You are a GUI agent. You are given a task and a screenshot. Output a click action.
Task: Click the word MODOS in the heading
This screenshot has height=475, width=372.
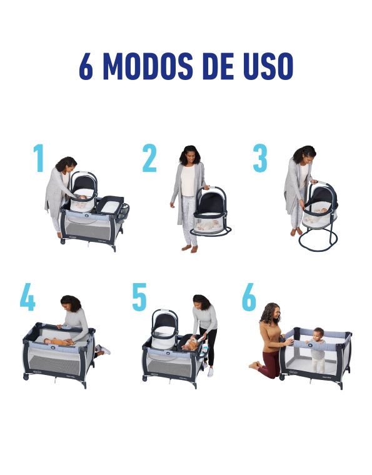click(x=148, y=66)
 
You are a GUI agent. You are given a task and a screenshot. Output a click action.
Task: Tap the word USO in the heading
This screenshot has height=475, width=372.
click(x=268, y=66)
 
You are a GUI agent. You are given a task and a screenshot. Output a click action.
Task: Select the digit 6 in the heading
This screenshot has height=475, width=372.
click(x=86, y=66)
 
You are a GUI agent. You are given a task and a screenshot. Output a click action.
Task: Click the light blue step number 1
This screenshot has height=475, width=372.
click(x=39, y=158)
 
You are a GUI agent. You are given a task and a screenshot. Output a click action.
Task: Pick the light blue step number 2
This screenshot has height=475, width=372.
click(x=149, y=158)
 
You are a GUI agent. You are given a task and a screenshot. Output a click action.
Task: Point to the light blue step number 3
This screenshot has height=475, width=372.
click(x=260, y=158)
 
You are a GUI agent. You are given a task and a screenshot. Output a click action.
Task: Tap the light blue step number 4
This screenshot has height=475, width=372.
click(x=28, y=297)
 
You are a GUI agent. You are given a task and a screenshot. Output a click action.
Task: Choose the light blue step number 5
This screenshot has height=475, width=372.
click(x=139, y=297)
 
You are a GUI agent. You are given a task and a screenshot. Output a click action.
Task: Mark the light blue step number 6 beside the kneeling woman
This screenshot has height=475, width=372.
click(x=249, y=297)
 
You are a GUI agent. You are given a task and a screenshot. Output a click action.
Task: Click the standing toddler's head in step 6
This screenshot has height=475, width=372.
click(x=318, y=333)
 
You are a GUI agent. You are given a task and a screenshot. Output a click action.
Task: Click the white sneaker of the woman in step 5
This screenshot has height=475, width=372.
click(x=211, y=372)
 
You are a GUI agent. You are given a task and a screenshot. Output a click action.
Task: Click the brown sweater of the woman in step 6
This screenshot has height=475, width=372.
click(x=271, y=336)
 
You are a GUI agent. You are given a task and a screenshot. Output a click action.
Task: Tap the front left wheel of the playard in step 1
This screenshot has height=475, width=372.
click(x=63, y=241)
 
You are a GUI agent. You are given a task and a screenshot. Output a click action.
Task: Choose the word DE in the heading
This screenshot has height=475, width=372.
click(x=218, y=66)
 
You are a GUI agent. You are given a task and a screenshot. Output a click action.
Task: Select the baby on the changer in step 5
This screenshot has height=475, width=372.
click(x=193, y=343)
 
